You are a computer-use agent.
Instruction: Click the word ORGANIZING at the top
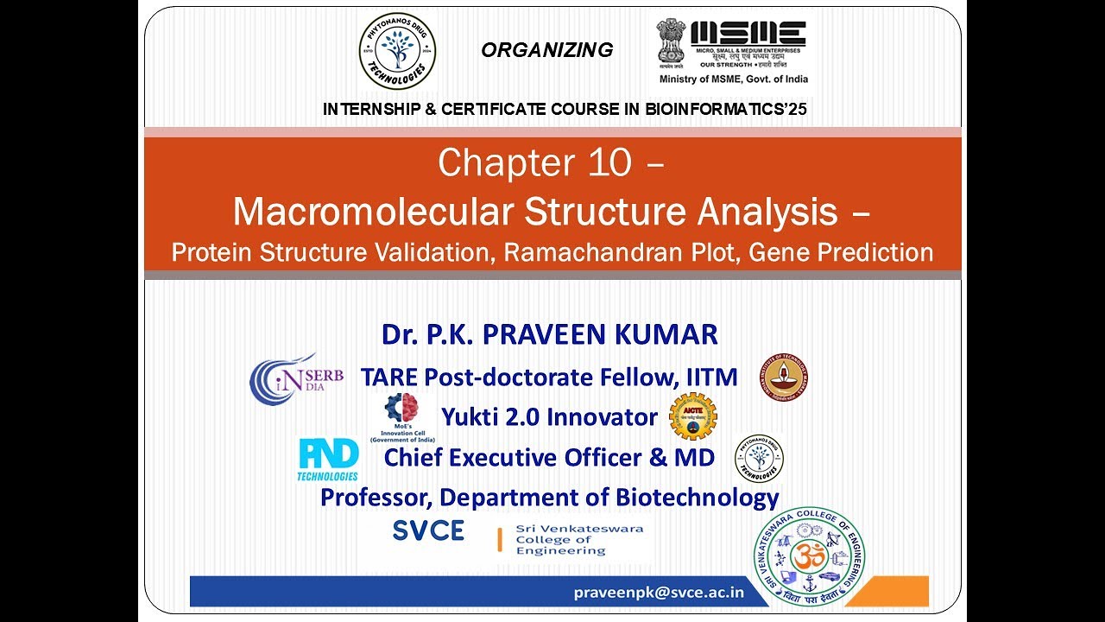[x=546, y=50]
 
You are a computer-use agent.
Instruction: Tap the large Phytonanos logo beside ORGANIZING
[x=397, y=51]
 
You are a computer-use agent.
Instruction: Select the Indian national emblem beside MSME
[x=671, y=43]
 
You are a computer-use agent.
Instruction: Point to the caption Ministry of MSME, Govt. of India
[x=734, y=79]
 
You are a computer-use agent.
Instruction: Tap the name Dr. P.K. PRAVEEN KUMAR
[x=550, y=334]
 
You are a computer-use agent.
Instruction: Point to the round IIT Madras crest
[x=784, y=377]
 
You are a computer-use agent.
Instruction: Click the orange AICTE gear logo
[x=693, y=416]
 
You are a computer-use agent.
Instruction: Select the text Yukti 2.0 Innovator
[x=549, y=417]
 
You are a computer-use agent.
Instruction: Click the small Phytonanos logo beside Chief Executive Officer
[x=759, y=458]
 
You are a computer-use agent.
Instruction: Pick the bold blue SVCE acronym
[x=428, y=530]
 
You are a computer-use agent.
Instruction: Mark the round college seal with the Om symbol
[x=809, y=556]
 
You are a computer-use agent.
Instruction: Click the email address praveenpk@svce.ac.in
[x=659, y=592]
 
